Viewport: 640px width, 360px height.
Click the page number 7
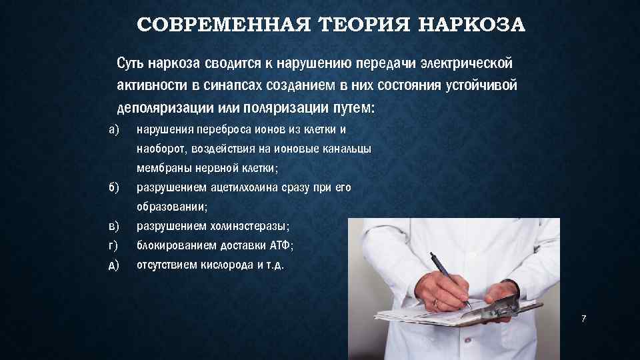click(x=583, y=319)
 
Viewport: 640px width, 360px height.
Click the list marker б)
click(x=113, y=187)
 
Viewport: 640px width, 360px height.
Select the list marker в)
click(x=113, y=225)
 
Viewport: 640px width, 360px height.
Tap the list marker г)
click(x=113, y=245)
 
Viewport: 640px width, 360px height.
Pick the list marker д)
click(x=113, y=265)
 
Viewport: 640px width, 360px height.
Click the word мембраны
click(x=161, y=167)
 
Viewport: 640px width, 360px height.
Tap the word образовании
click(x=171, y=206)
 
